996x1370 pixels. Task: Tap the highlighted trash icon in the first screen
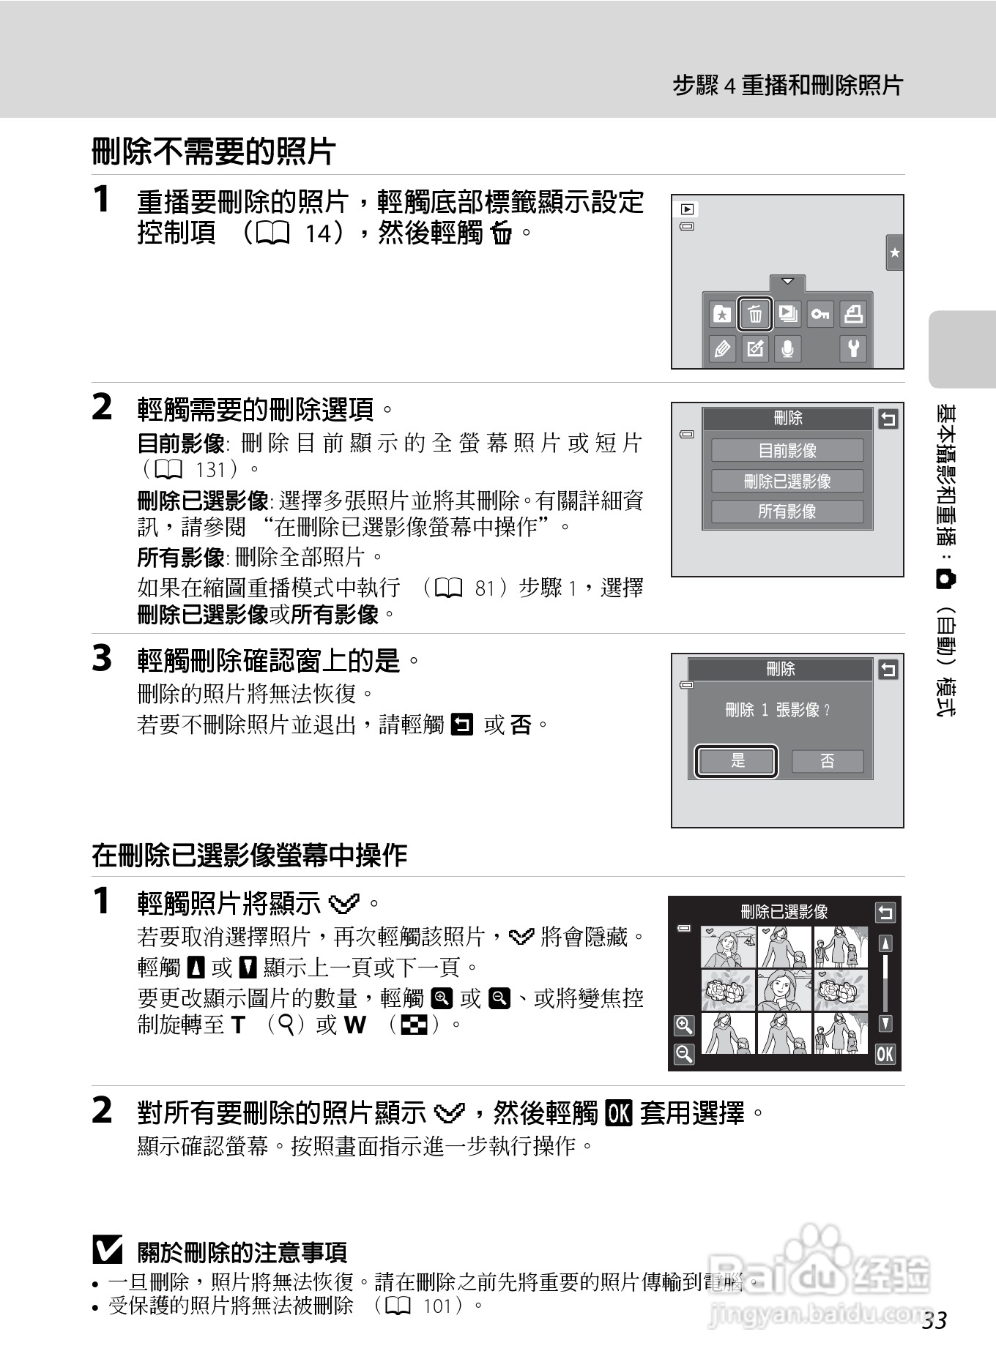click(755, 315)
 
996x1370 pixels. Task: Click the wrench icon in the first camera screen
click(853, 348)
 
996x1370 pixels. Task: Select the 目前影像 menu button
click(787, 450)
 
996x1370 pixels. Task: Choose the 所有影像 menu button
click(787, 512)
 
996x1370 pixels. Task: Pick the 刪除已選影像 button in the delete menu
click(787, 481)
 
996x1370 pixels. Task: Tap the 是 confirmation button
click(736, 761)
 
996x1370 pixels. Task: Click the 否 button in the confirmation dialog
click(828, 761)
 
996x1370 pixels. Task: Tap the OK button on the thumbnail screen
click(885, 1054)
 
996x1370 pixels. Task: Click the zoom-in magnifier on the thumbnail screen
click(684, 1025)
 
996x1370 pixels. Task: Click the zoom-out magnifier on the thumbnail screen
click(684, 1054)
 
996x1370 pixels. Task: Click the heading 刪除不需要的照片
click(214, 152)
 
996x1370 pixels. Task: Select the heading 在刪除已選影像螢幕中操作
click(250, 855)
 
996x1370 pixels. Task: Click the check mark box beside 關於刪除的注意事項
click(108, 1250)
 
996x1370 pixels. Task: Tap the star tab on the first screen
click(894, 253)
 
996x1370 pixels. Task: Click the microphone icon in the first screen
click(787, 348)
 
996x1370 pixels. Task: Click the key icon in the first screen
click(820, 315)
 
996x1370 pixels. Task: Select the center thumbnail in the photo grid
click(784, 990)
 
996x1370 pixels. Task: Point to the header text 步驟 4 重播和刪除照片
click(788, 86)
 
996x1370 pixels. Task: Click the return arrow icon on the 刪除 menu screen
click(888, 419)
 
